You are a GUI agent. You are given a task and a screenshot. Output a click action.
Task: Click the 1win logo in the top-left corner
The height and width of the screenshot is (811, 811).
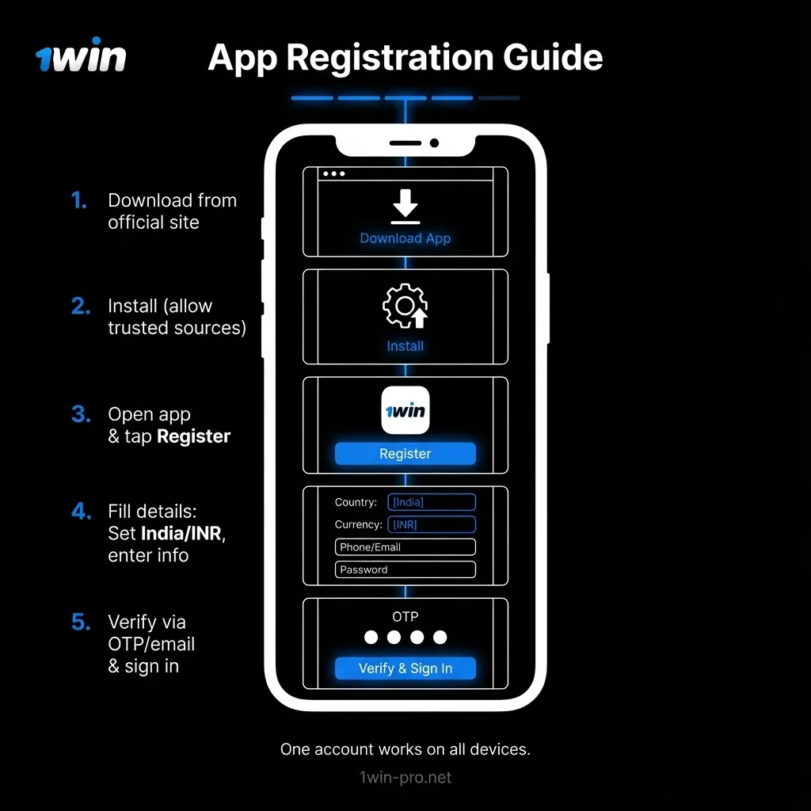tap(81, 56)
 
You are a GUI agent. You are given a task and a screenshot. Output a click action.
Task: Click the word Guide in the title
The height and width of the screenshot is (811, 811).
tap(552, 58)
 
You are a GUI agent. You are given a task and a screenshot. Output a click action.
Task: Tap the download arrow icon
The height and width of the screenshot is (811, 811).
tap(405, 206)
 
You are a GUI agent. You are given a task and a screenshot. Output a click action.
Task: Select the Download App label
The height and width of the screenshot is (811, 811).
tap(405, 238)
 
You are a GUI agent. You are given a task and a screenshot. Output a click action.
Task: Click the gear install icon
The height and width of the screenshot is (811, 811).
tap(405, 306)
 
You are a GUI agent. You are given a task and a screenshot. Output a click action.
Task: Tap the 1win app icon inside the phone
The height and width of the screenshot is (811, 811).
tap(405, 410)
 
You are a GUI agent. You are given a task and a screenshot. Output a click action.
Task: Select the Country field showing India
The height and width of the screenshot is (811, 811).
tap(432, 502)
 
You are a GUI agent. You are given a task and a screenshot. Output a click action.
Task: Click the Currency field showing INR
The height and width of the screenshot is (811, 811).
tap(432, 524)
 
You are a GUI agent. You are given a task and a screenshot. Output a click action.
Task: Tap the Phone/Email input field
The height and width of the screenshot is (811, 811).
tap(405, 547)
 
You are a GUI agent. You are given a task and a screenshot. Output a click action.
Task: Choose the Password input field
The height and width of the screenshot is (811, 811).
tap(405, 569)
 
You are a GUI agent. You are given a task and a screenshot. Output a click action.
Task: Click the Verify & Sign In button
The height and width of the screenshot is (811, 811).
tap(405, 668)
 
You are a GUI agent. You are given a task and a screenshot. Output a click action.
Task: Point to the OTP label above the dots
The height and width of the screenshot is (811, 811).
tap(405, 616)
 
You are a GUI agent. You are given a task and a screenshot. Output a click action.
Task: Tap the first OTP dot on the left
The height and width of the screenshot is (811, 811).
tap(371, 638)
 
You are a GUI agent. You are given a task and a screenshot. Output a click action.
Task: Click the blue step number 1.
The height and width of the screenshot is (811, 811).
tap(78, 201)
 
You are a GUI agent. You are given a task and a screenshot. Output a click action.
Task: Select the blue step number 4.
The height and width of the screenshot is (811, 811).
tap(81, 512)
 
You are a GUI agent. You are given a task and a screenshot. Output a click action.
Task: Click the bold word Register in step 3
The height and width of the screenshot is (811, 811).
tap(194, 436)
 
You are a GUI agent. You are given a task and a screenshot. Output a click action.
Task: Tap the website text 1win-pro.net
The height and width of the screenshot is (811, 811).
tap(405, 778)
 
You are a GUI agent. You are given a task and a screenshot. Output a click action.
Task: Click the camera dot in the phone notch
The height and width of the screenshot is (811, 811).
tap(434, 143)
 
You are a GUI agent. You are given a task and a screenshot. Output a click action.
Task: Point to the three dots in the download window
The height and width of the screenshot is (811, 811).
tap(333, 173)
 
